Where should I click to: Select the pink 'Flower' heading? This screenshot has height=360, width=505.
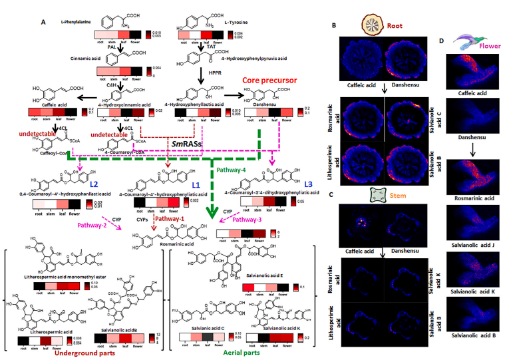click(x=481, y=47)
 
